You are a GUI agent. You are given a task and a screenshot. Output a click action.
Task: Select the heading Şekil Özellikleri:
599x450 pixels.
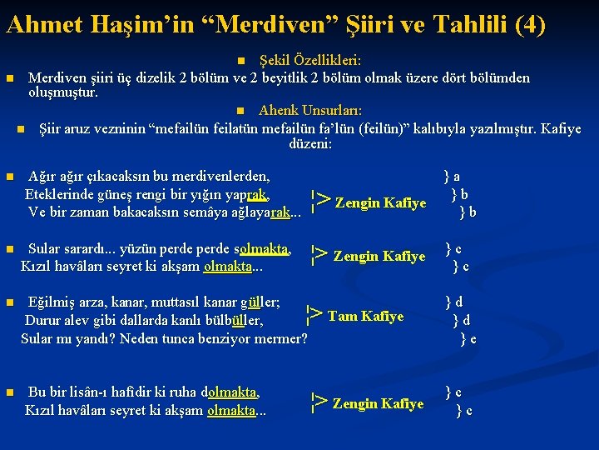(x=309, y=61)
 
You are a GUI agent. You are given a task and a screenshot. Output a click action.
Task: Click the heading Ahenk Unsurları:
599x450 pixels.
(x=309, y=111)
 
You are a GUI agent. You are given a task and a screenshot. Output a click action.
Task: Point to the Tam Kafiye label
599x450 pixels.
(x=365, y=316)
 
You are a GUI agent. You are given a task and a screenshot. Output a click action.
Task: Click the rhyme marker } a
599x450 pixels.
(x=452, y=177)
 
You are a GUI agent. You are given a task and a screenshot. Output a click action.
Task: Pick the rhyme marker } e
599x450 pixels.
(x=468, y=338)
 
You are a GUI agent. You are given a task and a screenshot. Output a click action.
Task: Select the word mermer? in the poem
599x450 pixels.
(x=282, y=338)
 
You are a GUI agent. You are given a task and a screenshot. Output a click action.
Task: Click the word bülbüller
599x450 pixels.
(x=234, y=320)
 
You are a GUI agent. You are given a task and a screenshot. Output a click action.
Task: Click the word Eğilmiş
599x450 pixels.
(x=53, y=302)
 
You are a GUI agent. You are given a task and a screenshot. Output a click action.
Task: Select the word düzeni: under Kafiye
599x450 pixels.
(x=309, y=144)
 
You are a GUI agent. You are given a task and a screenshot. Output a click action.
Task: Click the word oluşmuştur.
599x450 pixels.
(x=63, y=92)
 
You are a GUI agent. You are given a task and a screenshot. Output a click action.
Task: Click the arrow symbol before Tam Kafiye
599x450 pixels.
(x=314, y=315)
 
